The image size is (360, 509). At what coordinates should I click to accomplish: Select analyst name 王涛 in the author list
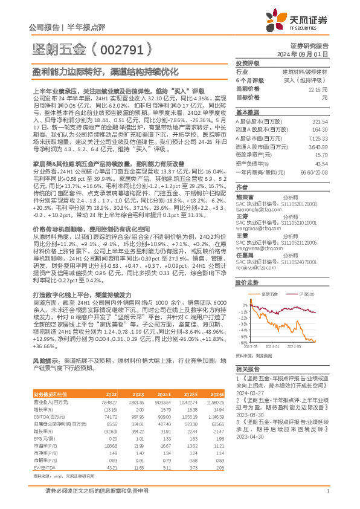[x=242, y=215]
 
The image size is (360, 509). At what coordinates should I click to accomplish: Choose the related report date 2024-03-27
[x=251, y=391]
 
